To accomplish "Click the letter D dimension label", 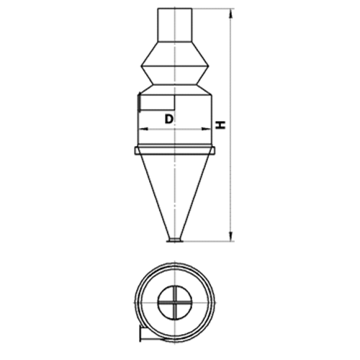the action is (169, 119).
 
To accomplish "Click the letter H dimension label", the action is (221, 125).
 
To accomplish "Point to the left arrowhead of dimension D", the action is (144, 129).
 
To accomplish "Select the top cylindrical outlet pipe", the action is (175, 25).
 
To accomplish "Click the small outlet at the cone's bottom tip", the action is (175, 240).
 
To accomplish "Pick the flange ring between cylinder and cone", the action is (175, 150).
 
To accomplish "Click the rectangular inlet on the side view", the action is (156, 103).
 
